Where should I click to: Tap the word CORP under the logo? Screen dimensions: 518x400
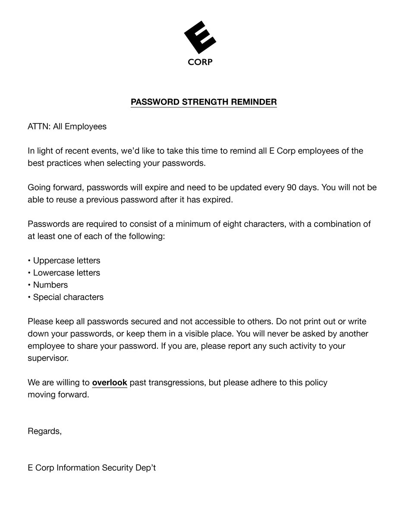(x=200, y=62)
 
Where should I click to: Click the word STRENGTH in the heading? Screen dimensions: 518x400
(x=205, y=102)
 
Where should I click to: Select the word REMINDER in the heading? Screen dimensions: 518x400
(x=254, y=102)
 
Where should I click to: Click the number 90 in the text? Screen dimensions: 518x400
(x=292, y=188)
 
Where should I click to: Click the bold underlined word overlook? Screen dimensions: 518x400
(x=110, y=382)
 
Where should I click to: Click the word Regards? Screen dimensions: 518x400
(x=44, y=431)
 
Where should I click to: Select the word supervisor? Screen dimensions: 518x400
(x=48, y=358)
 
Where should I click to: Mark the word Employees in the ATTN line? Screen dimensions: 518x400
(x=85, y=127)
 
